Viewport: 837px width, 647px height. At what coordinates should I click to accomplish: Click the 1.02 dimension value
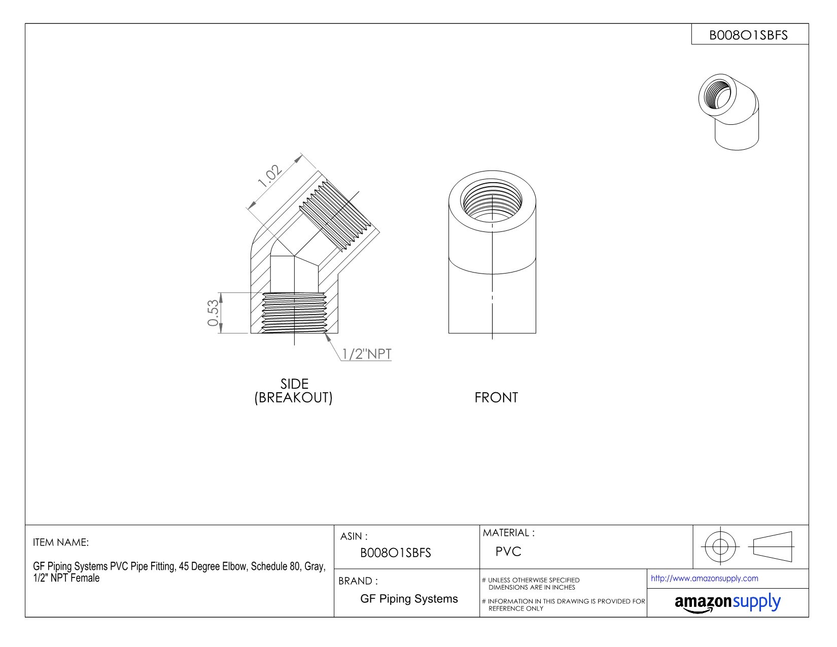(x=270, y=176)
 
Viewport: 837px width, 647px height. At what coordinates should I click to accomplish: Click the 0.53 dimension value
(x=214, y=313)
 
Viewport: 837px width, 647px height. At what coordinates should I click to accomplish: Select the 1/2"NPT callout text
(x=366, y=354)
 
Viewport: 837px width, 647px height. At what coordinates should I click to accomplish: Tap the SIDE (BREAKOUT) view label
(x=294, y=391)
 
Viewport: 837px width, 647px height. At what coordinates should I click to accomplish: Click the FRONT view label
(x=496, y=398)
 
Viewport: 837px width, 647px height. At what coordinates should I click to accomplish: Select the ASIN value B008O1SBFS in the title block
(x=395, y=553)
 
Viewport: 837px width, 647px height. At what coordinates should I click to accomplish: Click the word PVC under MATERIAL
(x=508, y=552)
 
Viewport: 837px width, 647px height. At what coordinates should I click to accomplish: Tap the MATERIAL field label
(x=508, y=533)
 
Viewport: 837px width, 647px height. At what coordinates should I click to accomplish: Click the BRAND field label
(x=358, y=581)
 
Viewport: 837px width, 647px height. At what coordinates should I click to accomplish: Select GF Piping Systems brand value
(x=409, y=599)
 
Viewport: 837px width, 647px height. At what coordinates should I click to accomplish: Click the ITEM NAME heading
(x=61, y=542)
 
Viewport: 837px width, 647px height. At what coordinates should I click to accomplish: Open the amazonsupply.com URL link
(x=704, y=578)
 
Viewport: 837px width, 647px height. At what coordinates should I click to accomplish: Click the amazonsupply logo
(x=727, y=602)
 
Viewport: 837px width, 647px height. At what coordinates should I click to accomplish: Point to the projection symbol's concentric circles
(x=720, y=547)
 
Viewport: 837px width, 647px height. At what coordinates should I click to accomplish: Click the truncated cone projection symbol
(x=773, y=547)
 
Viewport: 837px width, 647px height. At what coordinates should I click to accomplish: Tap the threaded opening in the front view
(x=492, y=198)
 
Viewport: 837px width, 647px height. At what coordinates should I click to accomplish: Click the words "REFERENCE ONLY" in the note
(x=515, y=608)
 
